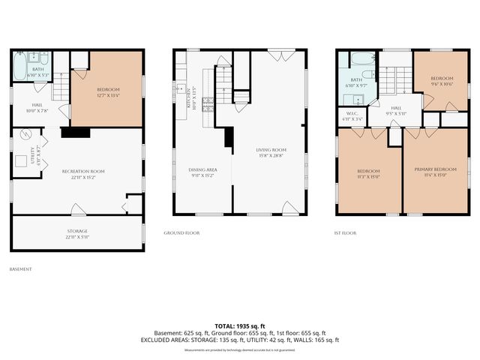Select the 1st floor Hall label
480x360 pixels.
(395, 111)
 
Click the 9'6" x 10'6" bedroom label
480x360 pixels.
(442, 81)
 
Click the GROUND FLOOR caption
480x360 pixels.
(181, 232)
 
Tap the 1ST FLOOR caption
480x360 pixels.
(345, 232)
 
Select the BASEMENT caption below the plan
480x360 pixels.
(20, 268)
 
